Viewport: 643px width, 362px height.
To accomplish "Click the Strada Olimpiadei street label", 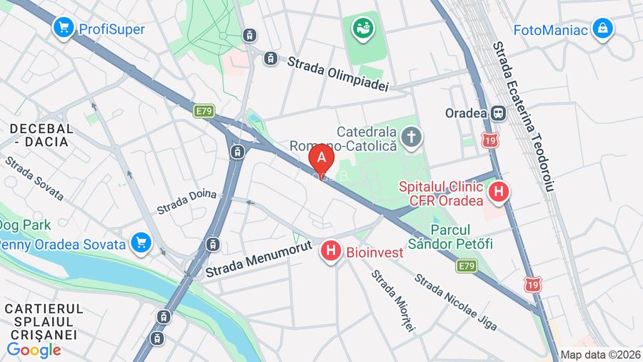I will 337,74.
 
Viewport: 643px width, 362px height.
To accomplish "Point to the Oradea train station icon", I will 498,113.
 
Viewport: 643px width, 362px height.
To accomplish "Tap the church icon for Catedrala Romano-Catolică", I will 412,137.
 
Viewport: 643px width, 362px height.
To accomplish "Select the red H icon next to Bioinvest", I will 330,251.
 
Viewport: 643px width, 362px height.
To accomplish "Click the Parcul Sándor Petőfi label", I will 462,237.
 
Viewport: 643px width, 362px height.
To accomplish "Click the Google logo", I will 34,350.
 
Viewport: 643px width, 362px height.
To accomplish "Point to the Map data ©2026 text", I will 600,354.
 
